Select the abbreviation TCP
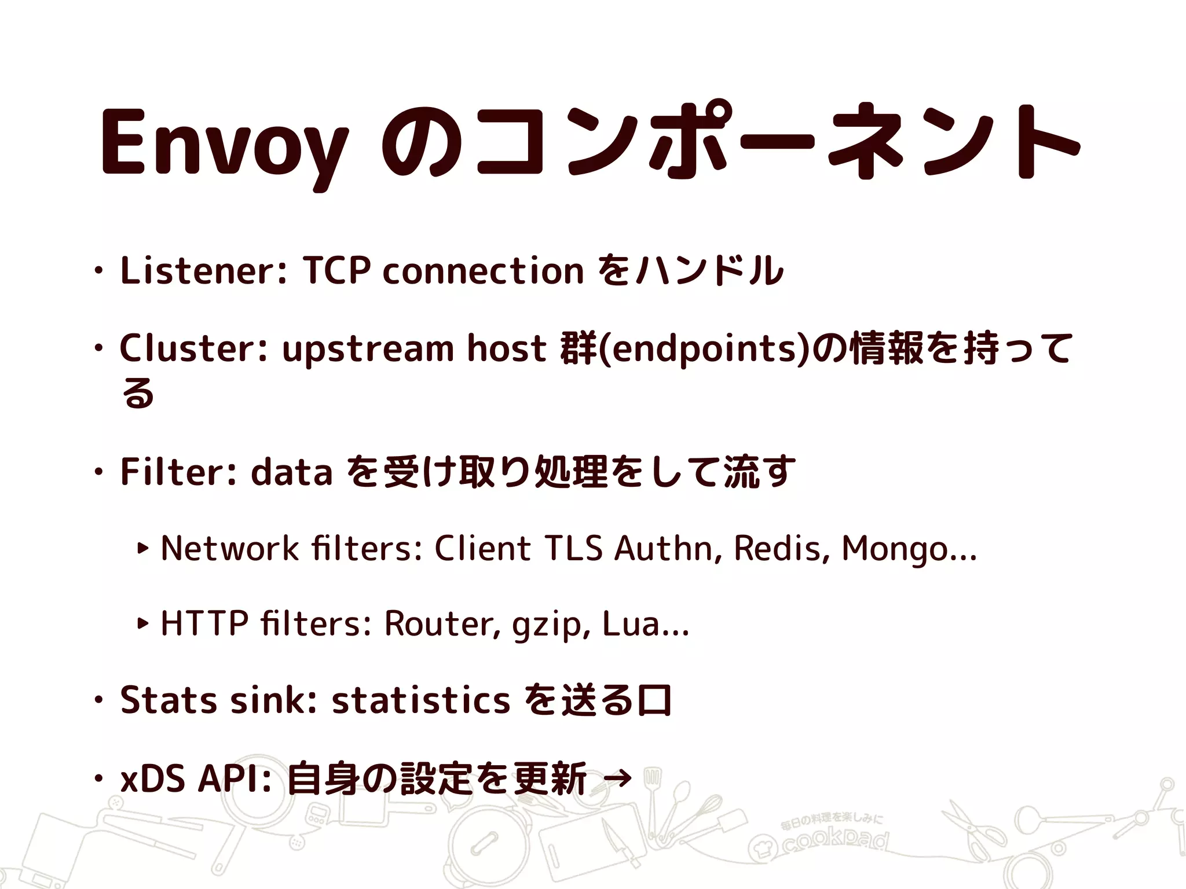(336, 270)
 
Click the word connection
(483, 270)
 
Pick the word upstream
(368, 350)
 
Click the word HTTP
(203, 623)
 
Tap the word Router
(440, 623)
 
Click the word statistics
(420, 700)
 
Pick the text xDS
(152, 779)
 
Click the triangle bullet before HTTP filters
(142, 623)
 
